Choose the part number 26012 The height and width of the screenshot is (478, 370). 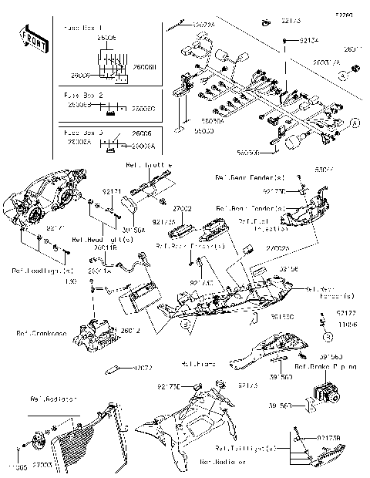click(130, 331)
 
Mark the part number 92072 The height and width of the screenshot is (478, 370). click(143, 369)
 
